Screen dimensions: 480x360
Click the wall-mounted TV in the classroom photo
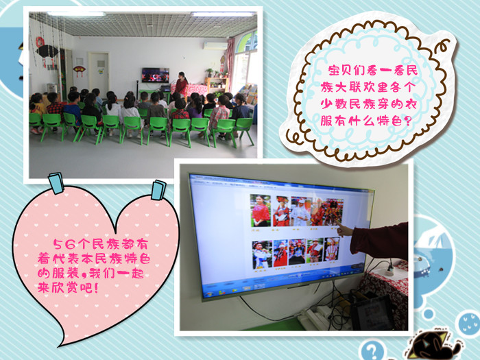(x=155, y=75)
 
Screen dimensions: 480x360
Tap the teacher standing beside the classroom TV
(x=181, y=84)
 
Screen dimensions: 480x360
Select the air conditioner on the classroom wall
(x=215, y=46)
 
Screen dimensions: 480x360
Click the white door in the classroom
(x=98, y=71)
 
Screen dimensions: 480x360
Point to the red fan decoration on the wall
(x=80, y=71)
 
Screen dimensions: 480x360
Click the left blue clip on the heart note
(x=56, y=183)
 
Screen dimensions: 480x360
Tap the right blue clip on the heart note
(x=158, y=190)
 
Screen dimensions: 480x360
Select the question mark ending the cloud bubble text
(x=407, y=121)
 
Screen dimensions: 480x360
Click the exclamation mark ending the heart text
(x=97, y=288)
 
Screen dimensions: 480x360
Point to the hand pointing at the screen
(x=344, y=230)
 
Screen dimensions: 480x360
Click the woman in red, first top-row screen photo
(x=261, y=211)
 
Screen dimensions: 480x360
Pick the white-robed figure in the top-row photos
(x=300, y=212)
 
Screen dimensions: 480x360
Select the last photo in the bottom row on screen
(x=332, y=249)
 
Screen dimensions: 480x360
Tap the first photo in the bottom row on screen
(x=262, y=254)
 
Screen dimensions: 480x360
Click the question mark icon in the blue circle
(x=372, y=350)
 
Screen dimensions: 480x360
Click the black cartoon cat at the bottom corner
(x=431, y=345)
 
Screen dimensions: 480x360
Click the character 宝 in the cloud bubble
(x=335, y=71)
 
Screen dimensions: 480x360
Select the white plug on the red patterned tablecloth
(x=390, y=270)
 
